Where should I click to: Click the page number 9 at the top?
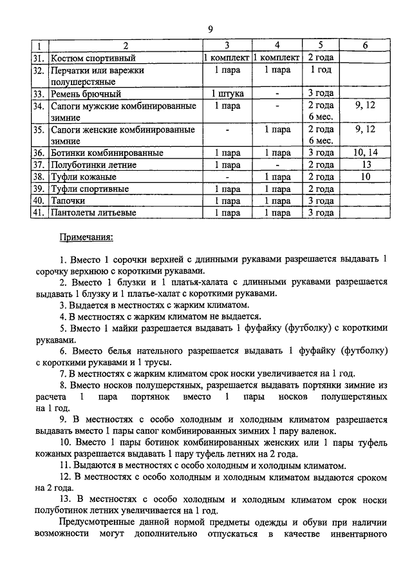[211, 29]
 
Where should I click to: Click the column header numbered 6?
[365, 46]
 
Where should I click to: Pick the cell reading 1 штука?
[227, 93]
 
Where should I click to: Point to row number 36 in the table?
[39, 153]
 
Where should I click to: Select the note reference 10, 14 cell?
[365, 153]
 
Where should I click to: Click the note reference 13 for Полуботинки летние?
[365, 165]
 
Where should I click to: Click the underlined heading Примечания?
[86, 237]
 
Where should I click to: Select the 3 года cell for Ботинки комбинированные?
[321, 153]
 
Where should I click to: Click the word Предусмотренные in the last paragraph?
[100, 522]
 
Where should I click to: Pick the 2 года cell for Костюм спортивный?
[321, 58]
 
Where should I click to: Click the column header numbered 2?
[126, 46]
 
